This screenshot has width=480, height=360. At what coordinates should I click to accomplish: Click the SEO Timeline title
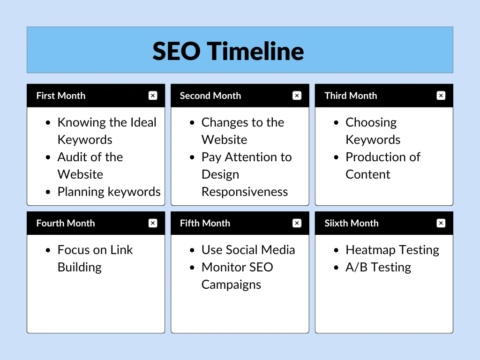tap(228, 51)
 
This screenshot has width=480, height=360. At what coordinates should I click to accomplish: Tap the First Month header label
tap(61, 96)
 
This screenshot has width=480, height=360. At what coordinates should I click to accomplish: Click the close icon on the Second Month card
tap(297, 96)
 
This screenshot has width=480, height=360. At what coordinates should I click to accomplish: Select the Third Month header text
tap(351, 96)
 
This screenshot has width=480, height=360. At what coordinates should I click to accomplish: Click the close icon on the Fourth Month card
tap(153, 223)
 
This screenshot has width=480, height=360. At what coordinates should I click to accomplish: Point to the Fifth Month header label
tap(205, 223)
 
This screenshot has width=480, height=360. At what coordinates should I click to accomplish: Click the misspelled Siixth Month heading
tap(351, 223)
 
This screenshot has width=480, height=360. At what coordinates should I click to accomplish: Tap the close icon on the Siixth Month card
tap(441, 223)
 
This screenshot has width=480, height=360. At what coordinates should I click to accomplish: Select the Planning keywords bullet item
tap(109, 192)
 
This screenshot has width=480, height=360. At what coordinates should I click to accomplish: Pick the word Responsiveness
tap(245, 192)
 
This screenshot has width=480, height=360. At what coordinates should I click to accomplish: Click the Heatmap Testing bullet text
tap(392, 250)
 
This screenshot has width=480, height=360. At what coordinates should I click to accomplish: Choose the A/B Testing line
tap(378, 267)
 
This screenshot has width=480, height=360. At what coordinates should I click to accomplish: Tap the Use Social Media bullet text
tap(248, 250)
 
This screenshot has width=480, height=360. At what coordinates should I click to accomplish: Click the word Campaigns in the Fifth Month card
tap(231, 285)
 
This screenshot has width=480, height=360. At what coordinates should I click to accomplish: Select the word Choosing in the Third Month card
tap(371, 122)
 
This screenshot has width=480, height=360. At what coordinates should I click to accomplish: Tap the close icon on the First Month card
tap(153, 96)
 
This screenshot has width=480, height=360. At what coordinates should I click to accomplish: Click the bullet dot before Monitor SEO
tap(192, 268)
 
